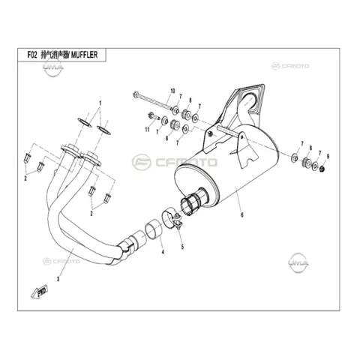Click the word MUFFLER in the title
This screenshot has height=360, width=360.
pyautogui.click(x=84, y=55)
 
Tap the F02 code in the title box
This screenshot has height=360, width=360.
pyautogui.click(x=32, y=55)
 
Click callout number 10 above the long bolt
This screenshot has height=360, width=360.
pyautogui.click(x=172, y=91)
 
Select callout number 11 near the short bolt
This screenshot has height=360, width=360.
pyautogui.click(x=147, y=129)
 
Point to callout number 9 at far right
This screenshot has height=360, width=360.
pyautogui.click(x=328, y=157)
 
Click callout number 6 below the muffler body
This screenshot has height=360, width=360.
pyautogui.click(x=241, y=214)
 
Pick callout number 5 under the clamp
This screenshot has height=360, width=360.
pyautogui.click(x=182, y=247)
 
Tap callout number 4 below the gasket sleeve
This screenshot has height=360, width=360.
pyautogui.click(x=163, y=252)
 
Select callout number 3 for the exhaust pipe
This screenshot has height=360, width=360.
pyautogui.click(x=58, y=279)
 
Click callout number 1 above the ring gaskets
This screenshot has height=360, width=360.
pyautogui.click(x=100, y=103)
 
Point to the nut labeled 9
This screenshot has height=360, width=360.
pyautogui.click(x=322, y=169)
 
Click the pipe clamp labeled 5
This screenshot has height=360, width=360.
pyautogui.click(x=172, y=218)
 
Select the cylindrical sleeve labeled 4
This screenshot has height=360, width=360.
pyautogui.click(x=154, y=229)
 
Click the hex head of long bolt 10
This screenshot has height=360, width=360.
pyautogui.click(x=136, y=94)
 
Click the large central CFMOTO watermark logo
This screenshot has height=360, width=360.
pyautogui.click(x=175, y=162)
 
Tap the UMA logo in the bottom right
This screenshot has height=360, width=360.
pyautogui.click(x=298, y=263)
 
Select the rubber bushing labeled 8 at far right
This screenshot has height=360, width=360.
pyautogui.click(x=306, y=162)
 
